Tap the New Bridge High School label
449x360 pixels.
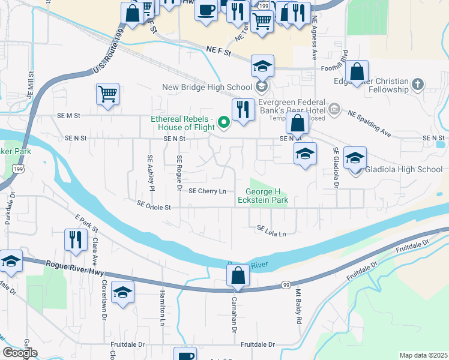click(207, 88)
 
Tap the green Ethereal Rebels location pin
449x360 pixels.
click(224, 123)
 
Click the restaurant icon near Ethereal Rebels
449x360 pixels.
click(242, 110)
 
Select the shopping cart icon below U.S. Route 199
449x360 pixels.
click(107, 94)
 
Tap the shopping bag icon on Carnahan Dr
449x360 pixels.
click(238, 276)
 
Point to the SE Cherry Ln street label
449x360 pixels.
click(207, 191)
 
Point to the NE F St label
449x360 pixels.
click(218, 53)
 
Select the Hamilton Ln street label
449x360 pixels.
click(162, 308)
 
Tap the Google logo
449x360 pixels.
click(20, 353)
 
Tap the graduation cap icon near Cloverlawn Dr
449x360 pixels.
click(122, 292)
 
